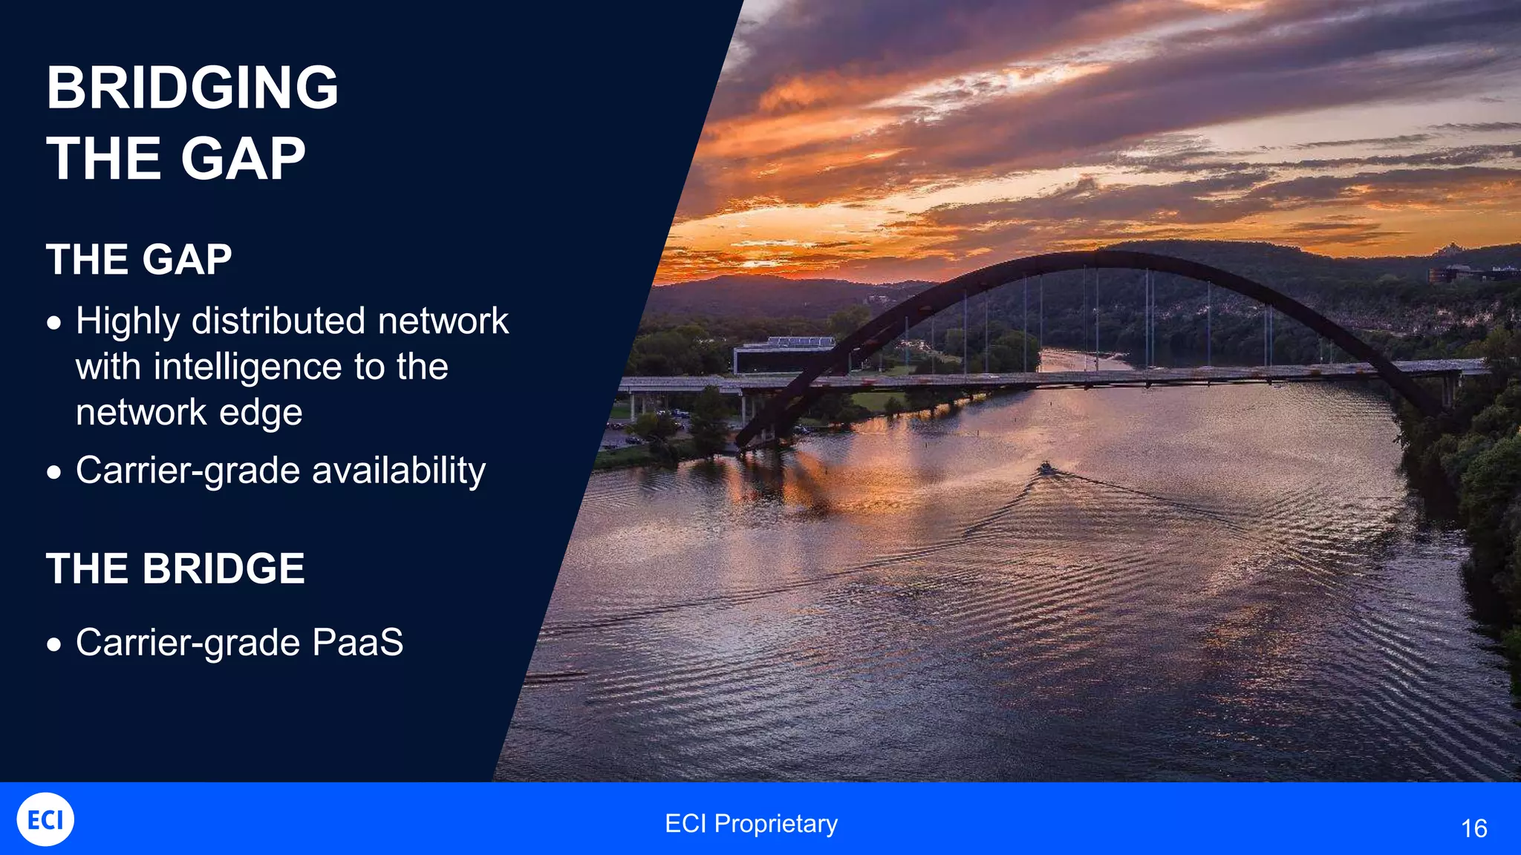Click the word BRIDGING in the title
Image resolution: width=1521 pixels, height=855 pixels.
click(x=192, y=88)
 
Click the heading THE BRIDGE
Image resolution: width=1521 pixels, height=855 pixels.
click(x=175, y=569)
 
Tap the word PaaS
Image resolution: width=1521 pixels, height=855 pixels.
click(x=357, y=642)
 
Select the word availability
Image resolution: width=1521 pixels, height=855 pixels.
click(x=399, y=471)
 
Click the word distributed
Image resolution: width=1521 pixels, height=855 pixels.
click(x=279, y=321)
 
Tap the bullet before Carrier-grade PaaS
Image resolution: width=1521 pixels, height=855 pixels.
click(x=53, y=643)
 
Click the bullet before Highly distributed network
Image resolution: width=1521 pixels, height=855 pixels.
click(x=53, y=323)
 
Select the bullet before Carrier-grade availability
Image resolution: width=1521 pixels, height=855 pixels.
click(x=53, y=472)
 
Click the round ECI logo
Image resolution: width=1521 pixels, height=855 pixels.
click(x=45, y=819)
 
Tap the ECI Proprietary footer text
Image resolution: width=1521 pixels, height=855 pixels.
click(x=751, y=823)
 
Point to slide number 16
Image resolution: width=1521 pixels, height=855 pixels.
click(x=1473, y=828)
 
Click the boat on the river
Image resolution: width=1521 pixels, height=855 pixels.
click(x=1045, y=468)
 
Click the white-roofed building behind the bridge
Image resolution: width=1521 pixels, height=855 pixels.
click(x=787, y=355)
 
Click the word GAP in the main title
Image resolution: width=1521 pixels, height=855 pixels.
click(x=243, y=159)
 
